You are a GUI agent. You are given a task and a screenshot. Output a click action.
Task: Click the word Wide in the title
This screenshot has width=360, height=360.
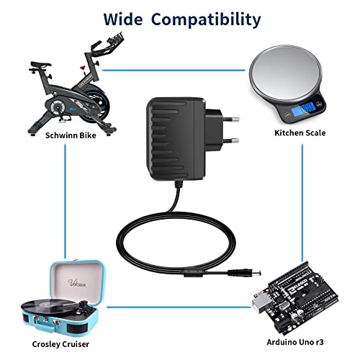coord(123,19)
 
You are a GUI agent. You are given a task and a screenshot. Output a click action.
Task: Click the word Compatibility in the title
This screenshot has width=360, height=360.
coord(206,20)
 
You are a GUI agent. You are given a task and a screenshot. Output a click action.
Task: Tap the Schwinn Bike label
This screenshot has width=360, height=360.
coord(71,135)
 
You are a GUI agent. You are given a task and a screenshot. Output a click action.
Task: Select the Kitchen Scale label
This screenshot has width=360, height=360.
coord(300,132)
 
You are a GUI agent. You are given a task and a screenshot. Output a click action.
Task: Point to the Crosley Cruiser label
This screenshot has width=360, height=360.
coord(60,344)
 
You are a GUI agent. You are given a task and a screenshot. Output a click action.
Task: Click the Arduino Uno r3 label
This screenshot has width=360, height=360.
coord(295,342)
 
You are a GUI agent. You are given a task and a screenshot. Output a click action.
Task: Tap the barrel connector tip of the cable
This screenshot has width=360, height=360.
coord(256,273)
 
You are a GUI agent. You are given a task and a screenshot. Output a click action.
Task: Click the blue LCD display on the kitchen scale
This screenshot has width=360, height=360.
coord(303,109)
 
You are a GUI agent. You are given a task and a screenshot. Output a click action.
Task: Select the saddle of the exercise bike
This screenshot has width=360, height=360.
coord(40,64)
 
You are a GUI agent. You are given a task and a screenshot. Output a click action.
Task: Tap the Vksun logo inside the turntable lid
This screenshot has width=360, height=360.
coord(77,282)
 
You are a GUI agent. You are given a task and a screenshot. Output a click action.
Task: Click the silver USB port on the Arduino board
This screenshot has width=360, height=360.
coord(262,303)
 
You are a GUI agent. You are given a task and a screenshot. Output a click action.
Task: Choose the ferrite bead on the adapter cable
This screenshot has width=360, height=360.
coord(194,273)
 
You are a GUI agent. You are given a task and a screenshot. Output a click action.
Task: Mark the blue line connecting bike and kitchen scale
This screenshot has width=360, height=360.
coord(174,71)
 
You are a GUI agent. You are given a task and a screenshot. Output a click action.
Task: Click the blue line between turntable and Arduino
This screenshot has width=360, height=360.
coord(179,307)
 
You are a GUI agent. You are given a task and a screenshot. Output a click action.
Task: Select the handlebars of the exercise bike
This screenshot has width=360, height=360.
coord(106,45)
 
